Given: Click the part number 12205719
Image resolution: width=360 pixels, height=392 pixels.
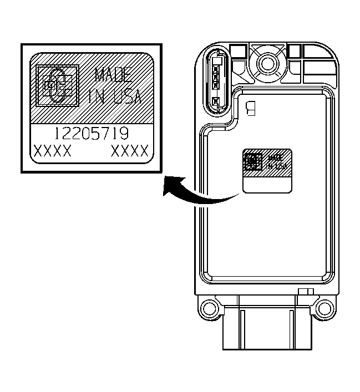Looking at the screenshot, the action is (92, 133).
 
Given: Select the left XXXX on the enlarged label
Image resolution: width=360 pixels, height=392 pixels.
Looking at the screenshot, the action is (52, 151).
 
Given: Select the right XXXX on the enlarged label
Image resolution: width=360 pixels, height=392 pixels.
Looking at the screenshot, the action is (130, 151).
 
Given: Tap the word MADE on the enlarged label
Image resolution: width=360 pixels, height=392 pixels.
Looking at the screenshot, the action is (113, 75).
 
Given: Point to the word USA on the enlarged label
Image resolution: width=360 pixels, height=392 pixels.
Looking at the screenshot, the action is (127, 96).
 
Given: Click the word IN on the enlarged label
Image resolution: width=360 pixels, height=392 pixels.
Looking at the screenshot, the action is (97, 96).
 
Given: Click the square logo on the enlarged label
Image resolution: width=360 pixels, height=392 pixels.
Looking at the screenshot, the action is (58, 85).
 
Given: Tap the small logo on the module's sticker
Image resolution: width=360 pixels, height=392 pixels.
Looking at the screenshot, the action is (253, 161).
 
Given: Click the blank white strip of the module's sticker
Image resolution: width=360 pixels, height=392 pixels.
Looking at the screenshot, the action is (267, 185).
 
